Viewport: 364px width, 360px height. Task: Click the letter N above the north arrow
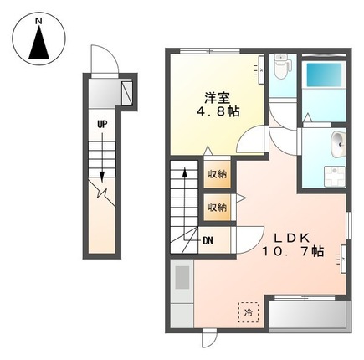[38, 17]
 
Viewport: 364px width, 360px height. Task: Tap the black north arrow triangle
[38, 44]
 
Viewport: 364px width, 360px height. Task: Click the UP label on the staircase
[102, 125]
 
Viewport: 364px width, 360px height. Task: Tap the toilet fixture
[283, 65]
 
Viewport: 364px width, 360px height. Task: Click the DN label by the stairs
[208, 241]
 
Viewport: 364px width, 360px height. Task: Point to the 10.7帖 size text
[292, 250]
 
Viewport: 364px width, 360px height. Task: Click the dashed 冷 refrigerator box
[249, 311]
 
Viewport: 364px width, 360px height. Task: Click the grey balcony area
[308, 316]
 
